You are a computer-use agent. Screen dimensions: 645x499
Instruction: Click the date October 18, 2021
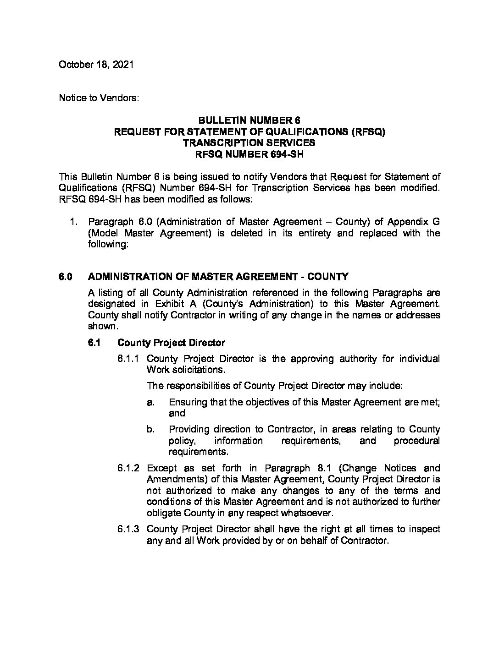pyautogui.click(x=96, y=65)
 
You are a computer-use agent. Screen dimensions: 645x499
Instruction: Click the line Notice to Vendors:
pyautogui.click(x=99, y=98)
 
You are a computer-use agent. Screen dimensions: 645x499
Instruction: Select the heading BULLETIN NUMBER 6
pyautogui.click(x=249, y=120)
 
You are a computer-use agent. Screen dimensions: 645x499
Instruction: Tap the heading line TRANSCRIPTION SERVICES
pyautogui.click(x=249, y=143)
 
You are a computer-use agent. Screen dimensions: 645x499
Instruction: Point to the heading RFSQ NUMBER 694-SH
pyautogui.click(x=249, y=154)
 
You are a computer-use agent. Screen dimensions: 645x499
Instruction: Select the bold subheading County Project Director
pyautogui.click(x=172, y=343)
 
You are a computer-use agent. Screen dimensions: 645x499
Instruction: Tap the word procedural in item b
pyautogui.click(x=416, y=441)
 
